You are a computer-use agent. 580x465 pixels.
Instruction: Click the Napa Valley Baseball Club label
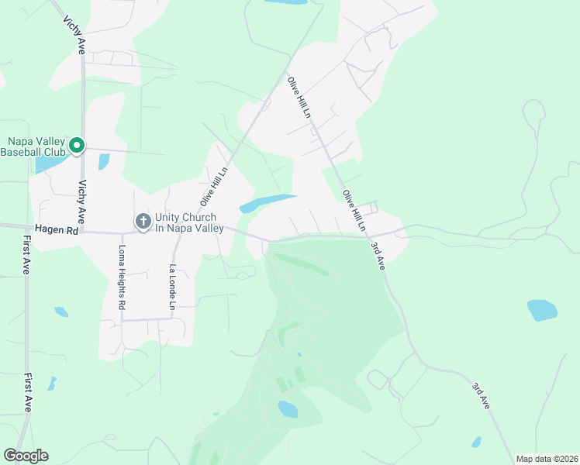pyautogui.click(x=34, y=146)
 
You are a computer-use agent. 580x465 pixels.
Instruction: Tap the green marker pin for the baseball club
pyautogui.click(x=77, y=145)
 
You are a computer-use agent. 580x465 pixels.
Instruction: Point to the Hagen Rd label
pyautogui.click(x=57, y=230)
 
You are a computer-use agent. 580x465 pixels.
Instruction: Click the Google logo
pyautogui.click(x=26, y=456)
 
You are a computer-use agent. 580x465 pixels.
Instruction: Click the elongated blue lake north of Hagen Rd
pyautogui.click(x=268, y=203)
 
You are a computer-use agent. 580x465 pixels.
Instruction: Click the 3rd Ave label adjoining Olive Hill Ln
pyautogui.click(x=377, y=255)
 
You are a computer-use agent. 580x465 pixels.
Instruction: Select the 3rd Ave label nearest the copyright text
pyautogui.click(x=482, y=394)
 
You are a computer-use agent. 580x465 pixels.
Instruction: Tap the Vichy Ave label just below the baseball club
pyautogui.click(x=81, y=199)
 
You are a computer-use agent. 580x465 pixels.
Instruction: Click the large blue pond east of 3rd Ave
pyautogui.click(x=542, y=310)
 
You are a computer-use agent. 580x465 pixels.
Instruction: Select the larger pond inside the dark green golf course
pyautogui.click(x=288, y=408)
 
